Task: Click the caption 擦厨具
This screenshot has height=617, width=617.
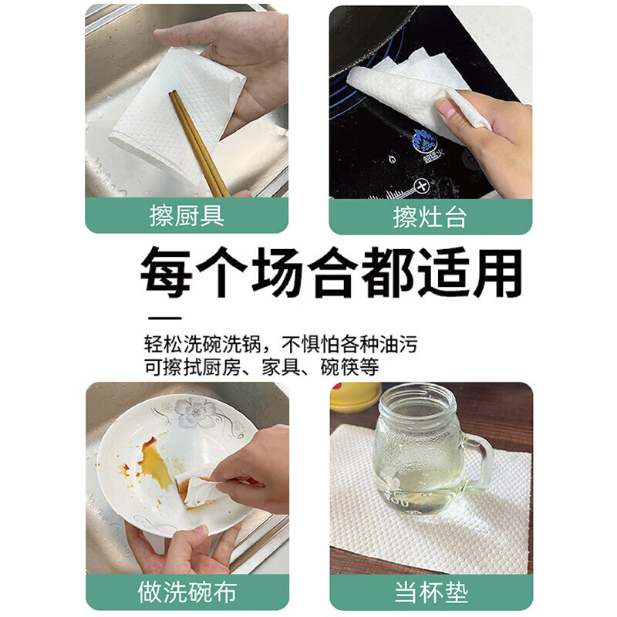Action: (x=186, y=216)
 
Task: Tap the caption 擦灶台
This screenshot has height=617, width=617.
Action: (x=430, y=217)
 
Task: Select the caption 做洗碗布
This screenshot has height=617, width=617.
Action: (x=187, y=592)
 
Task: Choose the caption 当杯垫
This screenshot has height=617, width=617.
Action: (x=430, y=593)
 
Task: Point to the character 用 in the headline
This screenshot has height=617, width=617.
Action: (x=494, y=272)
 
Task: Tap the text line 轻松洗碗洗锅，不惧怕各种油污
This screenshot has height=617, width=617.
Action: (x=285, y=342)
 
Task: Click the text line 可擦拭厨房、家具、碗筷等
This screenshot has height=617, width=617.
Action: (x=261, y=367)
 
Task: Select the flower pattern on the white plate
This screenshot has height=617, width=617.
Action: (x=192, y=412)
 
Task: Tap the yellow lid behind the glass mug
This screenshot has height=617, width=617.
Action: (x=356, y=396)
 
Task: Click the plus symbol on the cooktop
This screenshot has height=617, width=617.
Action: (x=421, y=187)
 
